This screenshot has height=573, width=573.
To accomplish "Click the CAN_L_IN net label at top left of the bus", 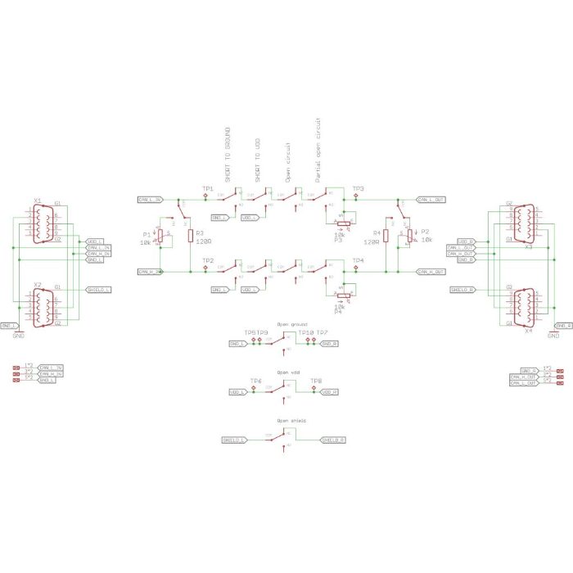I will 151,199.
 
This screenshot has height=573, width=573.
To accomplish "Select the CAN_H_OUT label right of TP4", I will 431,271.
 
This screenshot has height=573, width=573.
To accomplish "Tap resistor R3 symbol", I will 190,236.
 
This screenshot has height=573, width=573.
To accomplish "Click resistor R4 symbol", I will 386,236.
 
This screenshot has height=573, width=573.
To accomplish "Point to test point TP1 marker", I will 206,196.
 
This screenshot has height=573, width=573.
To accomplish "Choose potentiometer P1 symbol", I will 160,236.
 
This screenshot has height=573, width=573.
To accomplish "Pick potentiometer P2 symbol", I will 409,236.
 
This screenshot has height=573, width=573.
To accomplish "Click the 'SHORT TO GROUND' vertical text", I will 227,153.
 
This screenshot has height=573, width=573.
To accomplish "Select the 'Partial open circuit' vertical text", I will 318,149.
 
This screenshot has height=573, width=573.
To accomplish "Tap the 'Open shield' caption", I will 292,420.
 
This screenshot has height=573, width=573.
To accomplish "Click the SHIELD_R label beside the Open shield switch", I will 332,440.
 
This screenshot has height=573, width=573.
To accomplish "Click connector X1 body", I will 45,223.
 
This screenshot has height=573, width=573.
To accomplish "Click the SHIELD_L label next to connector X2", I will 98,290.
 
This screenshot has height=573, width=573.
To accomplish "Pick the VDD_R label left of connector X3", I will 466,241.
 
